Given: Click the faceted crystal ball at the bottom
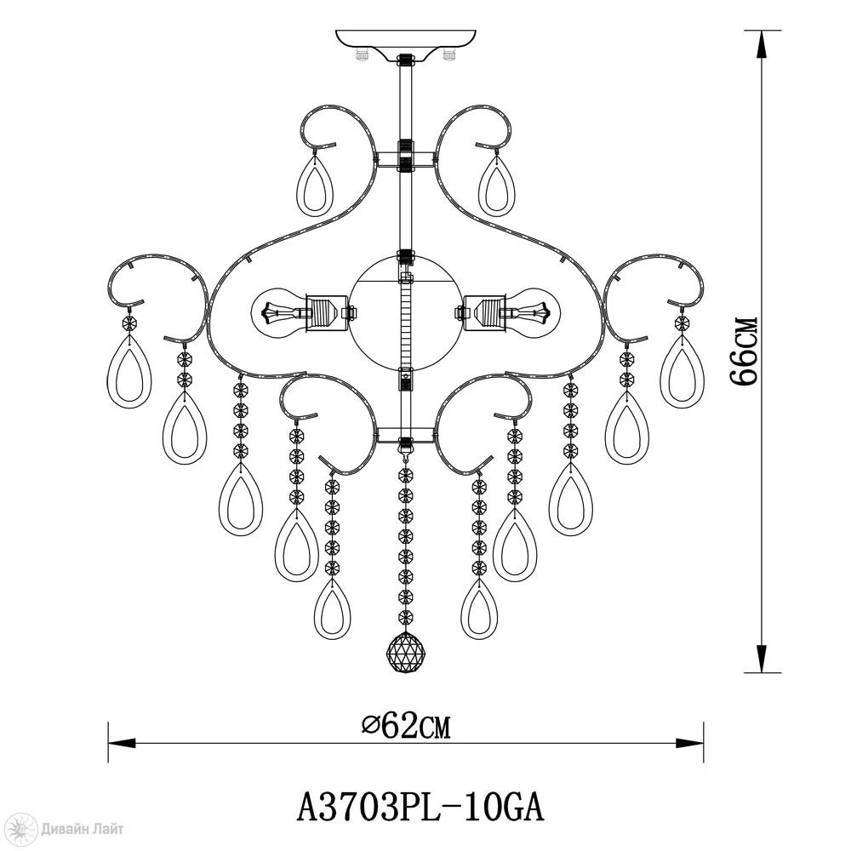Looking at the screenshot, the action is coord(405,651).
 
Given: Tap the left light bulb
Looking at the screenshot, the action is coord(279,313).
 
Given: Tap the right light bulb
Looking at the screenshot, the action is coord(533,313).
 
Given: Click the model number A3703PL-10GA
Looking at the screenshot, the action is coord(420,808).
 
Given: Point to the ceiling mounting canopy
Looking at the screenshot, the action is coord(405,41).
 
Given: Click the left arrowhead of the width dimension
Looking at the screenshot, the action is coord(122,742).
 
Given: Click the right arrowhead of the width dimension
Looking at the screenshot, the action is coord(690,742).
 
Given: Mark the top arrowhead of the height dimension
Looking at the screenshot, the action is coord(762,44).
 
